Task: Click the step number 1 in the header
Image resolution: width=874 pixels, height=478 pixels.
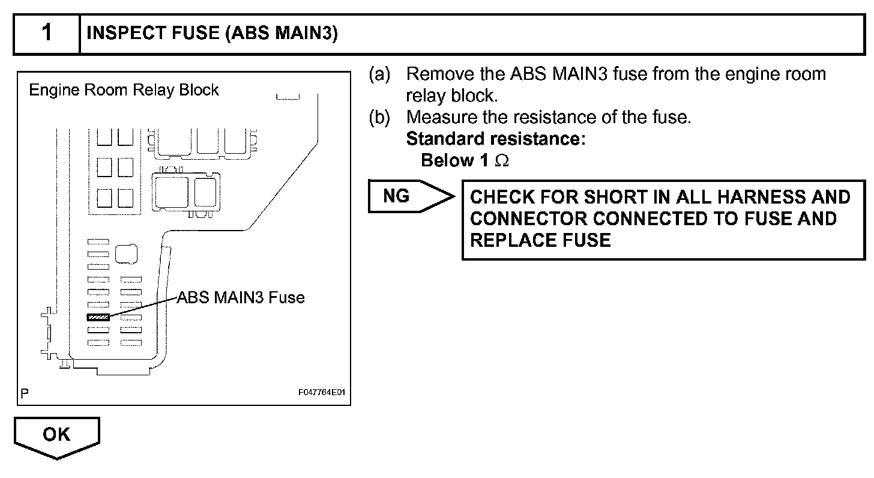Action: pyautogui.click(x=46, y=34)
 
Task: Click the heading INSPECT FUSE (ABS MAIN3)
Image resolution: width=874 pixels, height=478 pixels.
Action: pyautogui.click(x=212, y=34)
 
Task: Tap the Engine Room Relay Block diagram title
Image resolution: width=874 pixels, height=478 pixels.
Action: pyautogui.click(x=124, y=90)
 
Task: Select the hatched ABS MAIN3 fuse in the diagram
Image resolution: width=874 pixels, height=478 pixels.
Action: pyautogui.click(x=98, y=316)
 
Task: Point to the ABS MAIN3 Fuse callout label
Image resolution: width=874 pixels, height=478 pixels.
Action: pyautogui.click(x=240, y=297)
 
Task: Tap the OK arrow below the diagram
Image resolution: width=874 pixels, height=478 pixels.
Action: pyautogui.click(x=56, y=435)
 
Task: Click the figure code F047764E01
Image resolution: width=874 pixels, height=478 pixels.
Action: pyautogui.click(x=322, y=393)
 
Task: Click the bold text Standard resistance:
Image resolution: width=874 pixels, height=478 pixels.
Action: pyautogui.click(x=496, y=139)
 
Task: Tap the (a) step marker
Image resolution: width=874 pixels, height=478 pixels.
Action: pyautogui.click(x=379, y=74)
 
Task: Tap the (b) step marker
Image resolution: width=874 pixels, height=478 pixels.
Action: pyautogui.click(x=379, y=117)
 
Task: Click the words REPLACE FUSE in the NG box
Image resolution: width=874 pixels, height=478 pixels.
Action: pyautogui.click(x=540, y=241)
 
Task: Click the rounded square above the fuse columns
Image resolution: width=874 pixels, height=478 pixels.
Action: pyautogui.click(x=126, y=255)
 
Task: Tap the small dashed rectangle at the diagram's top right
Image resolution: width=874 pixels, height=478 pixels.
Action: pyautogui.click(x=288, y=97)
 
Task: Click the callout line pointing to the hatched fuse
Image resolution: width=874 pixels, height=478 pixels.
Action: pyautogui.click(x=144, y=306)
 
